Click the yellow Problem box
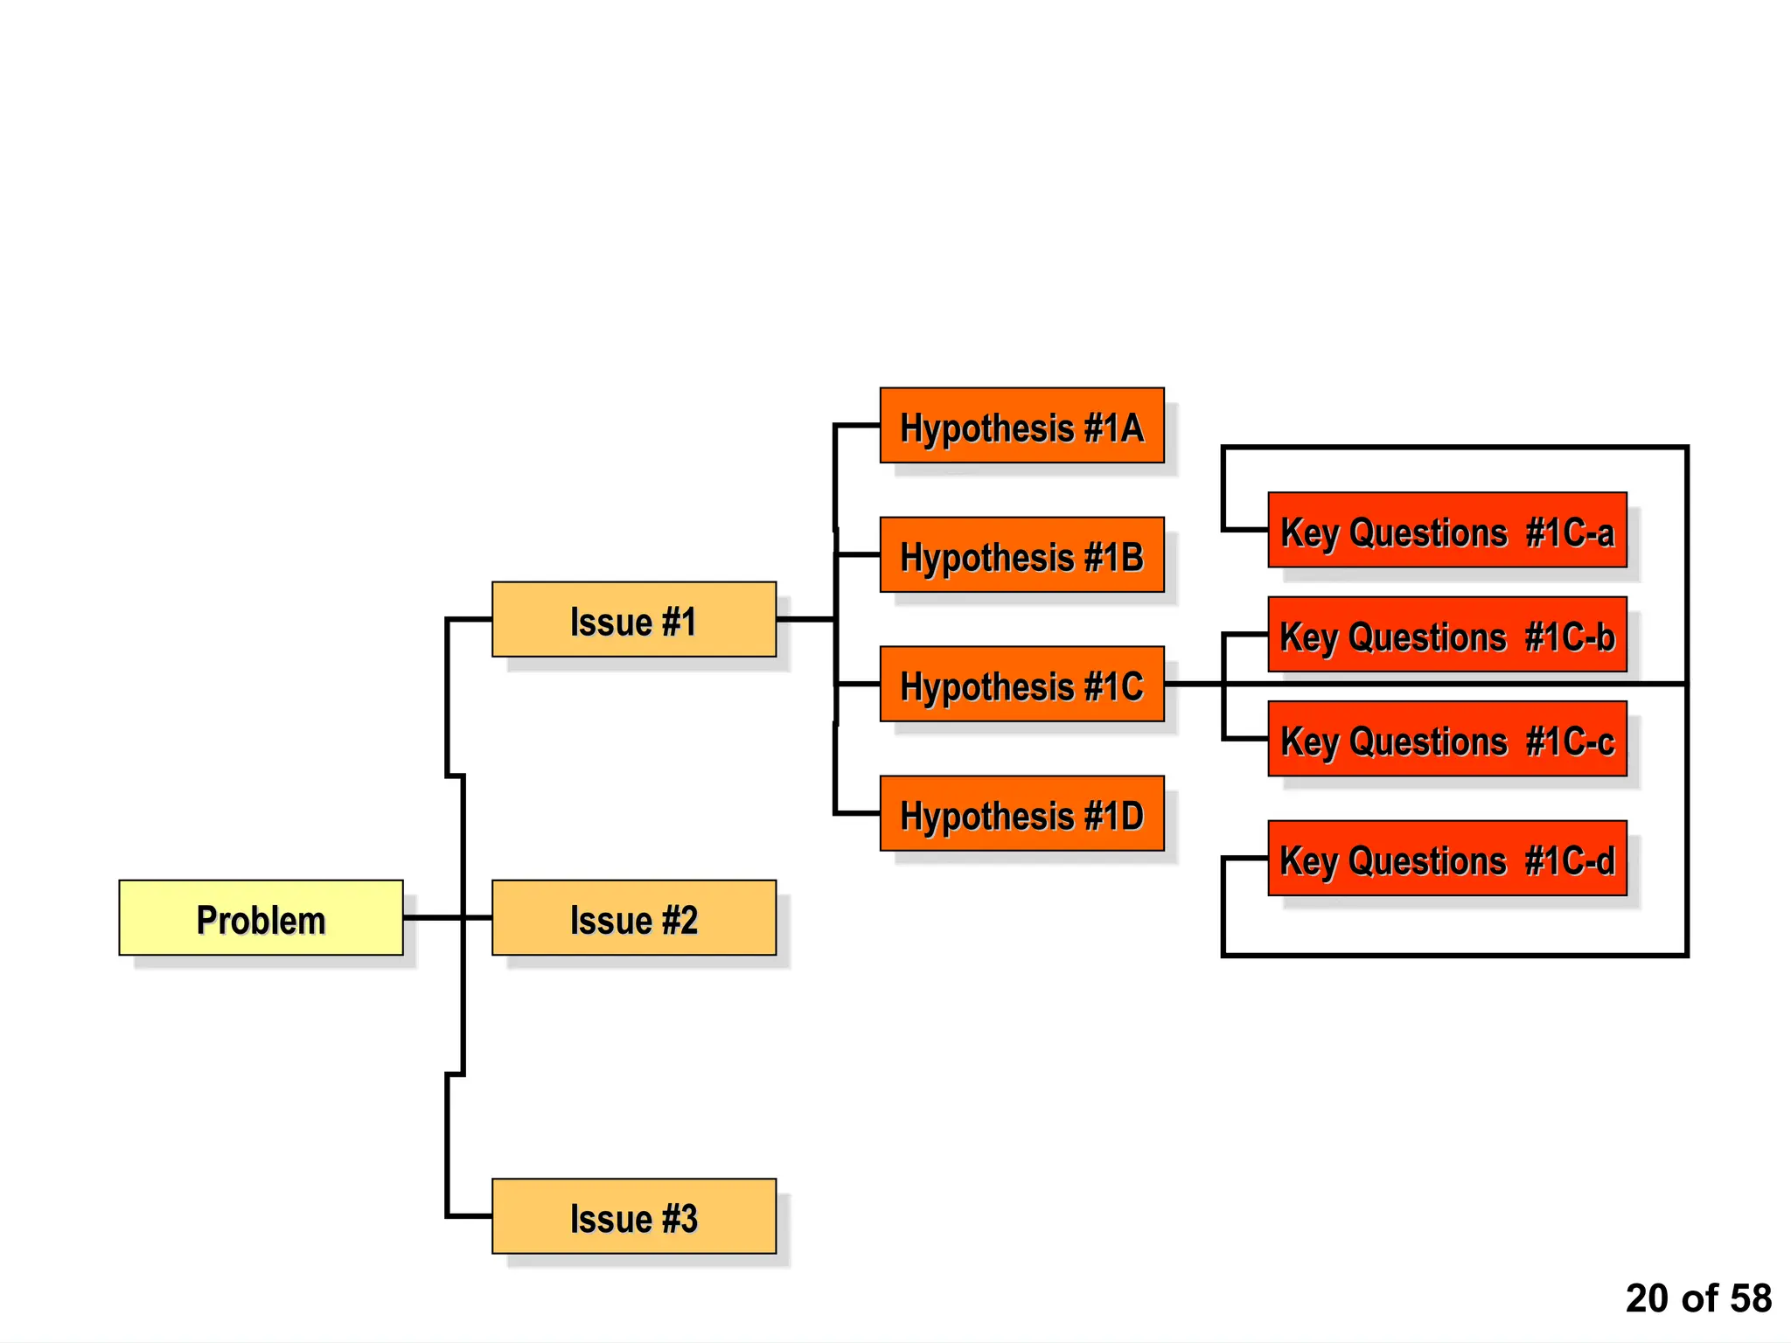click(261, 917)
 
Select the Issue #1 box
click(633, 619)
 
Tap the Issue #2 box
click(633, 917)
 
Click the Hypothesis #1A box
click(1021, 425)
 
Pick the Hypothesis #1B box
click(1021, 554)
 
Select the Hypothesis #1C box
click(1021, 684)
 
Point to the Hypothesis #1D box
click(1021, 813)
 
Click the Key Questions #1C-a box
click(1446, 530)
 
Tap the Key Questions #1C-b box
click(1446, 635)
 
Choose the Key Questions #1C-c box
click(1446, 739)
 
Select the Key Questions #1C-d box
click(1446, 858)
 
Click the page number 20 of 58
click(1697, 1298)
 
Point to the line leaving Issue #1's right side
click(805, 619)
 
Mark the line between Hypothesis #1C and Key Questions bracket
click(1194, 684)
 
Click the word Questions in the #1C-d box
click(1427, 860)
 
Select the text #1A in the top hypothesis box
click(1113, 428)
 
